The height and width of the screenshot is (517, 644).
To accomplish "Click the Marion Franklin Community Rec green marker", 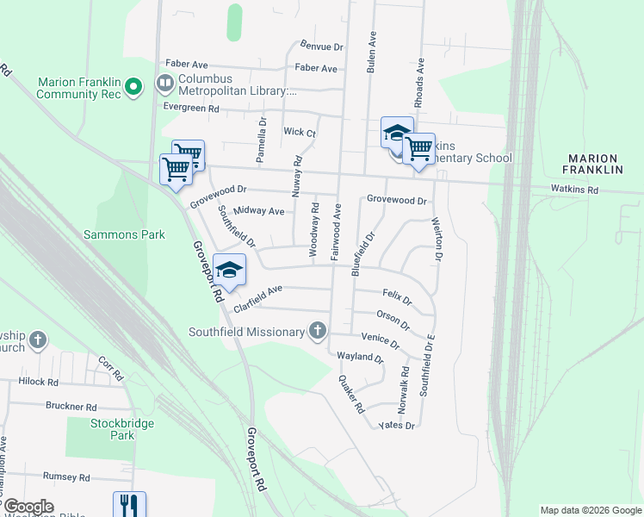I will [x=133, y=87].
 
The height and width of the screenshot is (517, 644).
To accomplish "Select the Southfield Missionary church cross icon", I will [x=319, y=331].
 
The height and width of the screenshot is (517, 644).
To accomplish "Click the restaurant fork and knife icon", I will [x=130, y=504].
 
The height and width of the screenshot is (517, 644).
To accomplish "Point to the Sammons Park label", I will [x=124, y=234].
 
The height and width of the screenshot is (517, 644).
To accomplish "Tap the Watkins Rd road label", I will [x=575, y=189].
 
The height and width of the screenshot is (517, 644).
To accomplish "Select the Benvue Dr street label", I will [x=322, y=46].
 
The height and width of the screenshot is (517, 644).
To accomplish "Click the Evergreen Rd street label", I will [x=191, y=109].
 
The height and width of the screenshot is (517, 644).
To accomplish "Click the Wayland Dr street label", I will [x=360, y=357].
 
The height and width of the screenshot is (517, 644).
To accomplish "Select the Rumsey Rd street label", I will [x=66, y=477].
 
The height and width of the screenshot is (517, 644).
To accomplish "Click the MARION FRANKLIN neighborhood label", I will [x=593, y=164].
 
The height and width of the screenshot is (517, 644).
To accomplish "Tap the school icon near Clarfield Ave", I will [x=230, y=271].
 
